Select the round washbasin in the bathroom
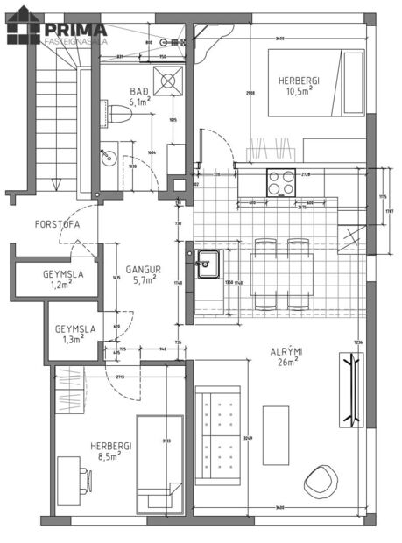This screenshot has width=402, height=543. coord(108,159)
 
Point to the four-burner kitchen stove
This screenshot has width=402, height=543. coord(281,182)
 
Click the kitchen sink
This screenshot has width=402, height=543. coord(208,262)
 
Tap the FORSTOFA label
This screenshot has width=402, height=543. coord(58,224)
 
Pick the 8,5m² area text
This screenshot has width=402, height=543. coord(111,455)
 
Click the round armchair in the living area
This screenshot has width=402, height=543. coord(320,480)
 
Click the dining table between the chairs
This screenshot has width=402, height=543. coord(282,273)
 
